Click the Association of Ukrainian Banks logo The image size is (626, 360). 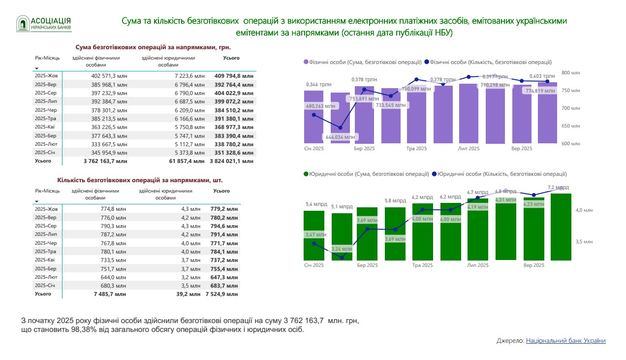[x=44, y=23]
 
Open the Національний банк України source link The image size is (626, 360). [x=565, y=341]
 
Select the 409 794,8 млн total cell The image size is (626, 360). [x=234, y=76]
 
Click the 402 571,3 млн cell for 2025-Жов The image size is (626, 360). [x=109, y=76]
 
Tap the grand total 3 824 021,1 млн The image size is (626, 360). [x=231, y=161]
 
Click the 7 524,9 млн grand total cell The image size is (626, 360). [x=223, y=294]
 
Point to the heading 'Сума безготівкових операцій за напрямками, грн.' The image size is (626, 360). [x=153, y=47]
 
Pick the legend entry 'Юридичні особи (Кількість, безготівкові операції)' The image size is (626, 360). [x=499, y=174]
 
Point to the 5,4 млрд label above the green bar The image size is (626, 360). [x=315, y=204]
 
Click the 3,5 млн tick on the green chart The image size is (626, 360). [x=585, y=242]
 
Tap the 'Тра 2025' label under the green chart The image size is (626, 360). [x=422, y=265]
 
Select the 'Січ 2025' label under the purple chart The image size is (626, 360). [x=314, y=148]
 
